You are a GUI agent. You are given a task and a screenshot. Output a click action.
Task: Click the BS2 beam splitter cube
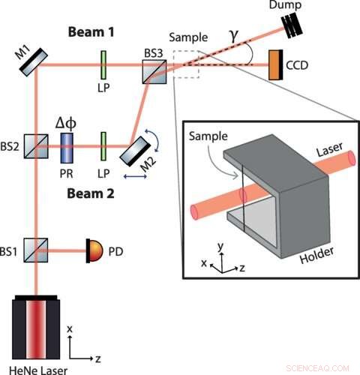(35, 142)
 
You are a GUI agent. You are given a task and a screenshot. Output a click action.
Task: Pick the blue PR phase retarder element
(66, 142)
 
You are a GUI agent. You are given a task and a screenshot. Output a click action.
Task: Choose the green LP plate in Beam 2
(102, 142)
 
